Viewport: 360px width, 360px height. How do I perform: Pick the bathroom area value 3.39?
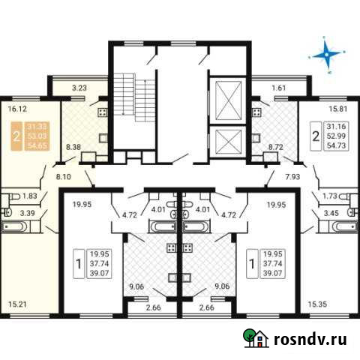[27, 214]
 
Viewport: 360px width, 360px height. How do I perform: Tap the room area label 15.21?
[19, 304]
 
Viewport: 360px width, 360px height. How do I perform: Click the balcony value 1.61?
[279, 88]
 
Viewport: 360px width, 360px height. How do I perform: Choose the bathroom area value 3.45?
[329, 214]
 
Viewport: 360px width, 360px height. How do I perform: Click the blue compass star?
[328, 54]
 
